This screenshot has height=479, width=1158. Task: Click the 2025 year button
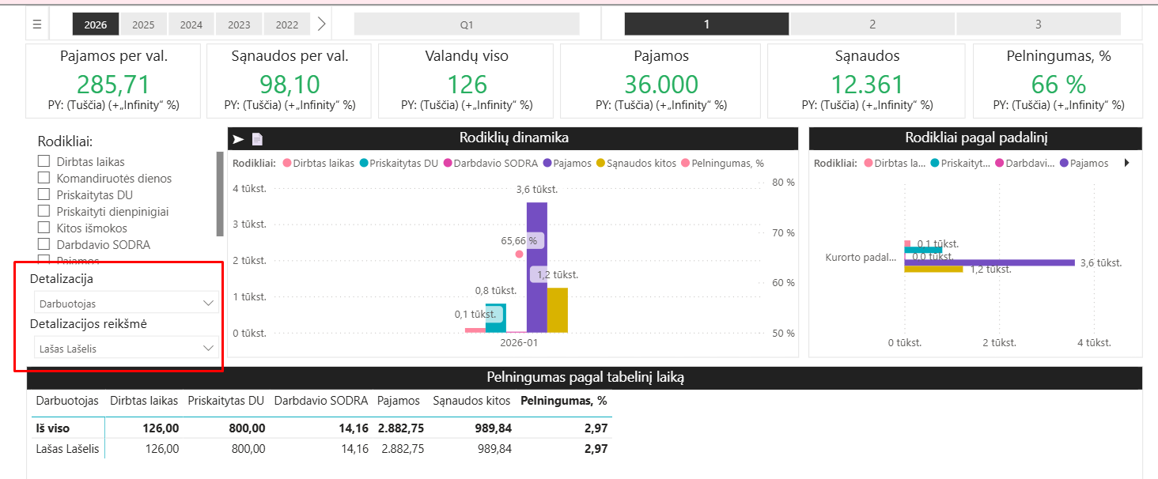click(x=143, y=25)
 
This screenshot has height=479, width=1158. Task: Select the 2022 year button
click(x=287, y=25)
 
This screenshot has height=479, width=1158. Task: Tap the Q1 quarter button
click(x=467, y=25)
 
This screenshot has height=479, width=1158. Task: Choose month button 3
click(x=1038, y=25)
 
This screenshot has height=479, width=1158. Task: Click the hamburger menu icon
click(x=37, y=25)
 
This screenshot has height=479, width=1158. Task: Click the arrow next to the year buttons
click(x=321, y=24)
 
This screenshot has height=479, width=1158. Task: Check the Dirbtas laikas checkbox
click(x=44, y=162)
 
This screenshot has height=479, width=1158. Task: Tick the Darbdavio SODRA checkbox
click(x=44, y=245)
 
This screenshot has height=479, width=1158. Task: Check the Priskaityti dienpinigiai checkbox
click(x=44, y=212)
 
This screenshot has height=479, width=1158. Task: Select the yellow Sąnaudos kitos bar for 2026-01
click(x=558, y=310)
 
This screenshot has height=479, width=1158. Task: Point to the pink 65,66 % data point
click(x=519, y=255)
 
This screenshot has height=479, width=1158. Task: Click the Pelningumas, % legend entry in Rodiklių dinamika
click(x=727, y=164)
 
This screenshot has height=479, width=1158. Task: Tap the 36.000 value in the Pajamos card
click(x=660, y=85)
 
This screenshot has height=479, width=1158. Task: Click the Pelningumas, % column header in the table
click(x=563, y=401)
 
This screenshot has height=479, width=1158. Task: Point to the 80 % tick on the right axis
click(x=783, y=183)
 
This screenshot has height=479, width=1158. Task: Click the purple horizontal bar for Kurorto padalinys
click(x=989, y=262)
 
